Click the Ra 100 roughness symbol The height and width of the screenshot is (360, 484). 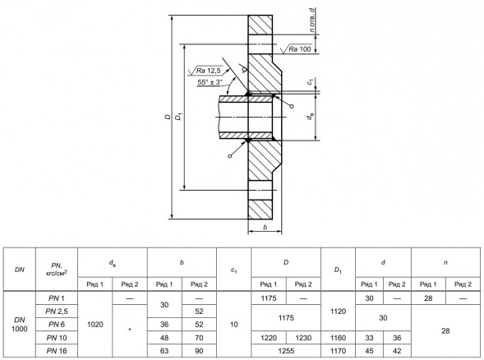click(x=296, y=48)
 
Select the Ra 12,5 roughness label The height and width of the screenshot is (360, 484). click(x=205, y=71)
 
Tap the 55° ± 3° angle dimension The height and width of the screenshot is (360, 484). click(x=210, y=82)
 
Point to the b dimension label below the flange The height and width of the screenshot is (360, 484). click(x=265, y=227)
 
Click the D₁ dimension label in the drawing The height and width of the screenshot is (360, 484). click(x=179, y=117)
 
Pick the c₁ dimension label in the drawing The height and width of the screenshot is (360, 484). click(x=311, y=82)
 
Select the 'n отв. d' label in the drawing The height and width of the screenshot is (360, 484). click(x=312, y=21)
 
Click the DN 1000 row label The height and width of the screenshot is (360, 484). click(x=20, y=324)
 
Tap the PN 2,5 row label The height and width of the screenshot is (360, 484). click(x=57, y=312)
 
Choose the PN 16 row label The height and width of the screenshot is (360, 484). click(x=57, y=351)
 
